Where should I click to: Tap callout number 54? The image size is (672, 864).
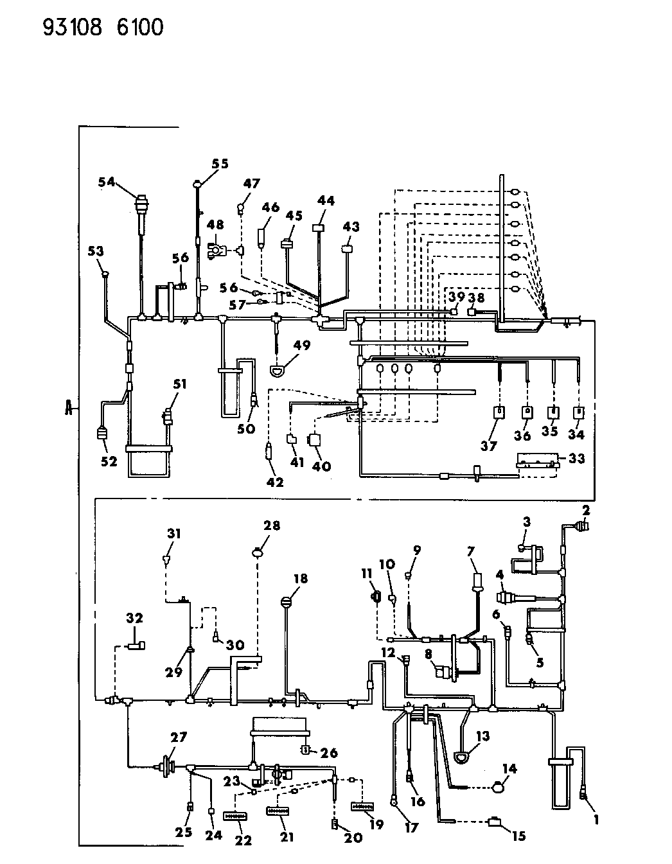click(107, 182)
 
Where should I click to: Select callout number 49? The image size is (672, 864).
click(302, 346)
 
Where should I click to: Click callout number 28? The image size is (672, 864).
click(271, 526)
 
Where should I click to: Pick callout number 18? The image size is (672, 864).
click(300, 579)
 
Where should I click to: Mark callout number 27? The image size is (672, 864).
click(178, 737)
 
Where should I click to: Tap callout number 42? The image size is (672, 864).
click(275, 484)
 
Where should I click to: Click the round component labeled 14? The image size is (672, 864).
click(499, 786)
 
